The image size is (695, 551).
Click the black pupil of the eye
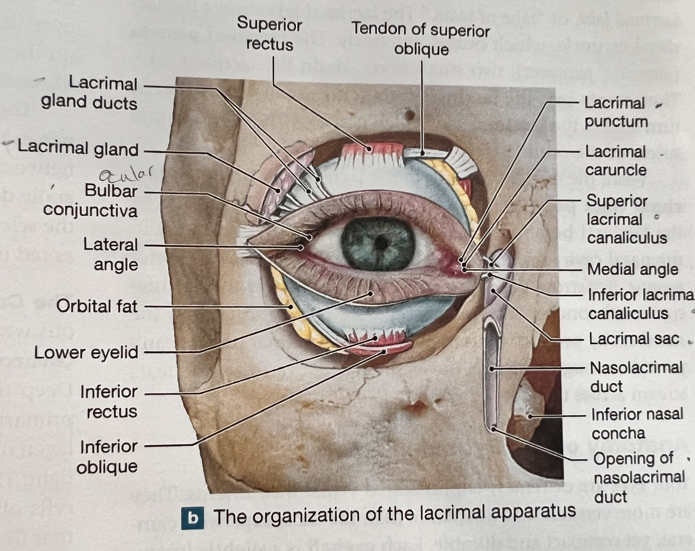(382, 243)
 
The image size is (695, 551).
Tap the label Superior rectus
(269, 34)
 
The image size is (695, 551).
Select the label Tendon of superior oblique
(420, 39)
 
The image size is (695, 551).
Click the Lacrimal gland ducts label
(90, 93)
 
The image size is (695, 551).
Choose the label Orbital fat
(97, 306)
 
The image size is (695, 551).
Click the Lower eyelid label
(86, 353)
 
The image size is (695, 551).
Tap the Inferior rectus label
(109, 401)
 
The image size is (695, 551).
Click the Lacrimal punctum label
(615, 112)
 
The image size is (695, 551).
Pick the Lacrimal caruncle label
(615, 160)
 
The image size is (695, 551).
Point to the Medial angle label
(632, 269)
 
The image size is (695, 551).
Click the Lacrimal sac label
(634, 339)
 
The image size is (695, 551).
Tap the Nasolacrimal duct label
(636, 377)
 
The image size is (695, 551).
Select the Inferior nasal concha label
(637, 423)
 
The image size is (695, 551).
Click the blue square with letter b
(193, 518)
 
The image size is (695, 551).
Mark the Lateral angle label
(110, 254)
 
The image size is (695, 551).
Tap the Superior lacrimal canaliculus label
(626, 219)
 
